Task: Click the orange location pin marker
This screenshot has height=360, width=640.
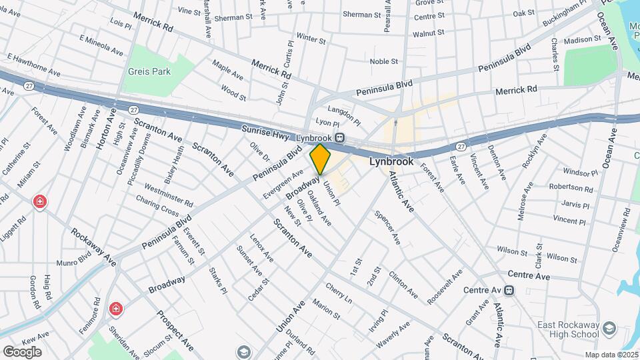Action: click(321, 159)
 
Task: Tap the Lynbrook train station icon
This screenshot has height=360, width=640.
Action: click(340, 138)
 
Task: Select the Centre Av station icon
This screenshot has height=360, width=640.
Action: click(510, 290)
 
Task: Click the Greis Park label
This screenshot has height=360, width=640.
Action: click(150, 71)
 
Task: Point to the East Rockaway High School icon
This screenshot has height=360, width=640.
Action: click(608, 329)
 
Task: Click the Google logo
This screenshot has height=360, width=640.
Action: click(22, 351)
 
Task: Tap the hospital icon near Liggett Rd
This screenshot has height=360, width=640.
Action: click(41, 201)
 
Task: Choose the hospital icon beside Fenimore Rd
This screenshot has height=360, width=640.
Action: click(116, 309)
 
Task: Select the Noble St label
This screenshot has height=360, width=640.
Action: click(383, 61)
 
